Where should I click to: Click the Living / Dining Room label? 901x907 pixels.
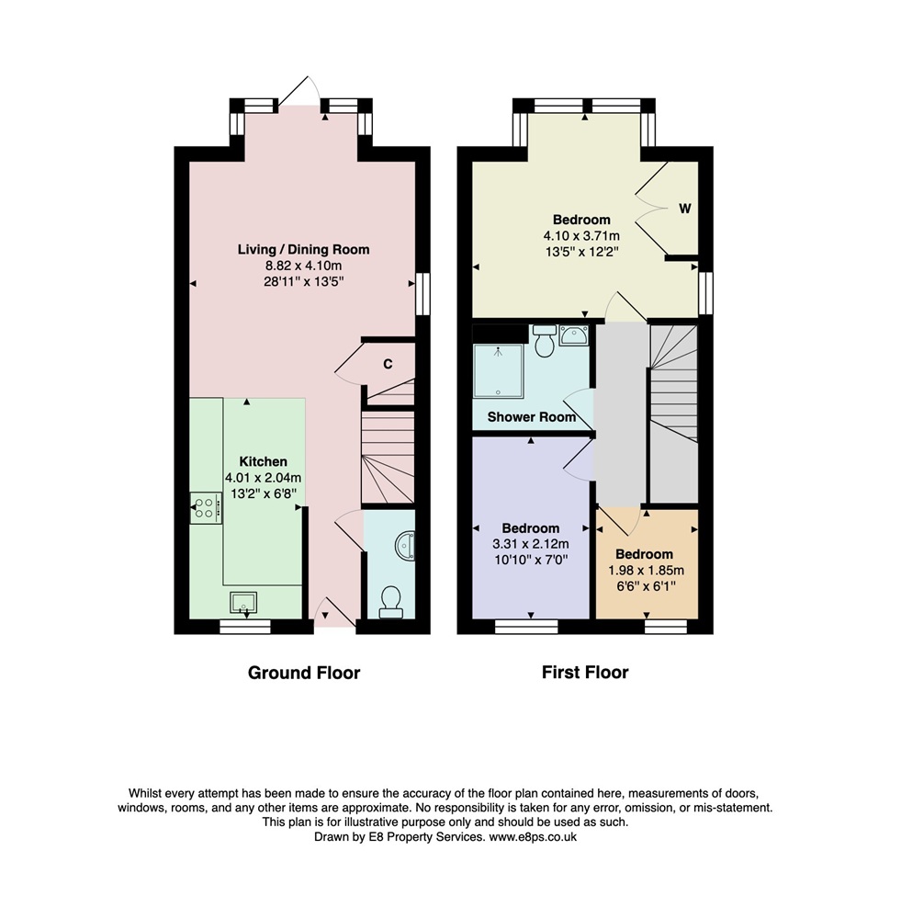304,249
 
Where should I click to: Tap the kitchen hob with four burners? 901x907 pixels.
206,508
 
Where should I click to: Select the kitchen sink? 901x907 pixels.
243,603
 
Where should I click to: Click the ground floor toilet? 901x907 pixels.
391,602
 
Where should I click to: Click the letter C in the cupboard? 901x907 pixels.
388,364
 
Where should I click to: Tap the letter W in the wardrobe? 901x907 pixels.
685,209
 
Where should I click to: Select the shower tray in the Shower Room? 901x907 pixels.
498,371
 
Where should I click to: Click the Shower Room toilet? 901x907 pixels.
545,341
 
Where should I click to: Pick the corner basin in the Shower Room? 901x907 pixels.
574,334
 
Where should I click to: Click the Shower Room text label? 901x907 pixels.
532,417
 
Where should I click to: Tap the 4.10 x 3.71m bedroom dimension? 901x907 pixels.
581,236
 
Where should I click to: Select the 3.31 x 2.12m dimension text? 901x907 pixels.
530,544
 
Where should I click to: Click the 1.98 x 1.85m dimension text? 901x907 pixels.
646,571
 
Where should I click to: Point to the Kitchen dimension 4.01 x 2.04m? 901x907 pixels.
263,479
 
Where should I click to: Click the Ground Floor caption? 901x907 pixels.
304,673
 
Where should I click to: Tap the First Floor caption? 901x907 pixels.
585,672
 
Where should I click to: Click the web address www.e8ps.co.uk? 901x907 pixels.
533,837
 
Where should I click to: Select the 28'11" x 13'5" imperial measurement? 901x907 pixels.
304,282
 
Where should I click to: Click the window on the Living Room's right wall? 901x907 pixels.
423,294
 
